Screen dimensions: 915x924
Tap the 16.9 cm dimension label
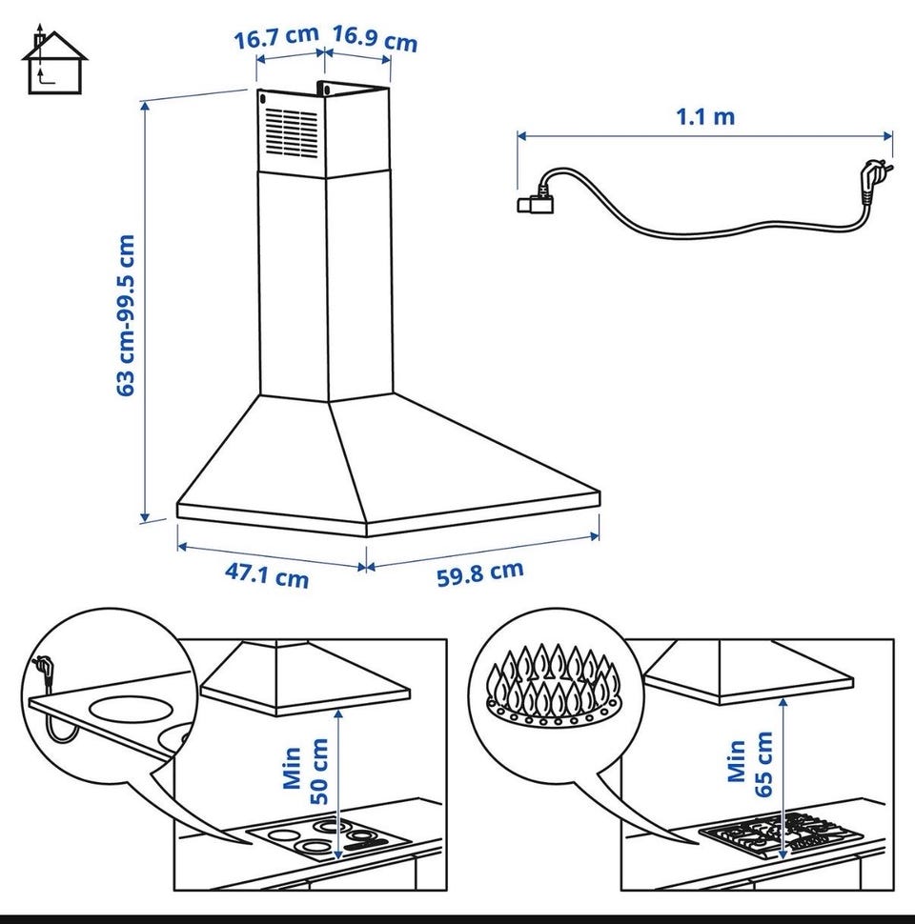375,38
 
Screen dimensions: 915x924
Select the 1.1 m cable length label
705,116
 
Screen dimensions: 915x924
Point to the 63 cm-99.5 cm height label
126,315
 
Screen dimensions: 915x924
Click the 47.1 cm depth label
267,574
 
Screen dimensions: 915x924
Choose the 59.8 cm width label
480,572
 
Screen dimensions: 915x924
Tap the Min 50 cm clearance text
305,771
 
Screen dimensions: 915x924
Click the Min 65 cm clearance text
749,764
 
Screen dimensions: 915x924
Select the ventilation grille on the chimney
292,133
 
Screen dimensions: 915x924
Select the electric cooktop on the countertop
327,837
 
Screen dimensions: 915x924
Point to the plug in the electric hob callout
44,670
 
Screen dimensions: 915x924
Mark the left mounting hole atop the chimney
262,98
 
